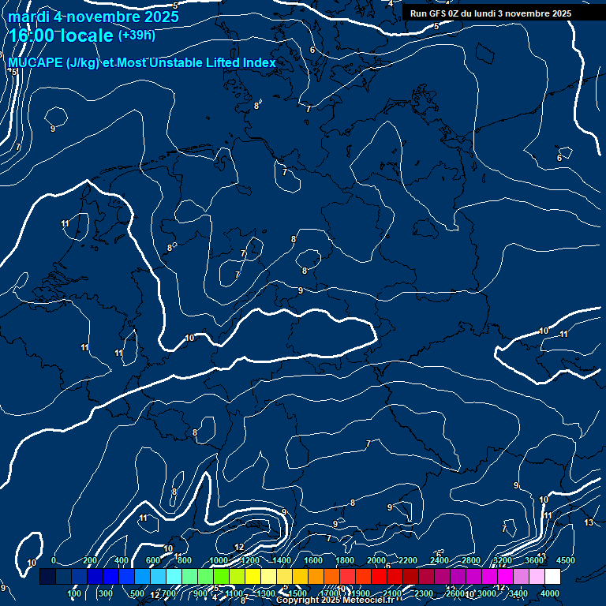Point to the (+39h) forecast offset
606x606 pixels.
coord(137,35)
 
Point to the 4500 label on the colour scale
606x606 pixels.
coord(565,560)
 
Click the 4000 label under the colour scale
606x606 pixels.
coord(550,593)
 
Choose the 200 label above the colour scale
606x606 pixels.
coord(90,560)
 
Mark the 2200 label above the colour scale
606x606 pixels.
coord(408,560)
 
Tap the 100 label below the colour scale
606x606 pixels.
coord(74,593)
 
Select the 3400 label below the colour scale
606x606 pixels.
coord(518,593)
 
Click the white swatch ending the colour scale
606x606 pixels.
coord(552,577)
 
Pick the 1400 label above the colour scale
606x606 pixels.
coord(282,560)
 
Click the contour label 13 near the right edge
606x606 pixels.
coord(589,522)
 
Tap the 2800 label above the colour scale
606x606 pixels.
coord(471,560)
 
